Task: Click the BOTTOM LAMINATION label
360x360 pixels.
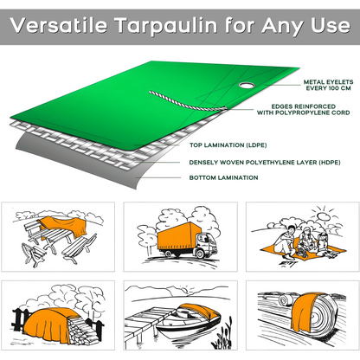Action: [223, 177]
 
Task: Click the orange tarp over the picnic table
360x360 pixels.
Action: [66, 228]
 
